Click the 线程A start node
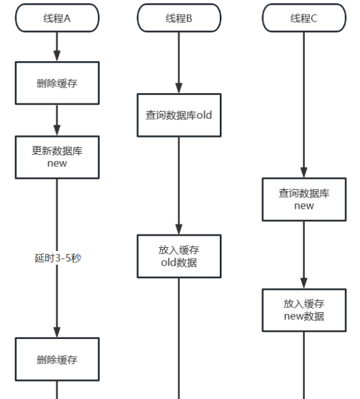tap(57, 18)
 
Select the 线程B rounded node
tap(179, 18)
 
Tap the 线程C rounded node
tap(304, 18)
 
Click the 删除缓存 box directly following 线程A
tap(57, 83)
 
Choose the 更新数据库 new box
tap(57, 157)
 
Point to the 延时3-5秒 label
tap(57, 258)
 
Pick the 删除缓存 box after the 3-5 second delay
tap(57, 359)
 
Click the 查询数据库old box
tap(179, 115)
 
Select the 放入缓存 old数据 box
tap(179, 256)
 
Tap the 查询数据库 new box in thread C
tap(304, 199)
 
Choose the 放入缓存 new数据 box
tap(304, 310)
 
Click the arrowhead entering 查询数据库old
tap(179, 88)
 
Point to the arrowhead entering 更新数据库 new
tap(57, 130)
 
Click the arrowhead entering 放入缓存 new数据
tap(304, 283)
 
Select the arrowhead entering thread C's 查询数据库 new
tap(304, 173)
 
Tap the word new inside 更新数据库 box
tap(57, 163)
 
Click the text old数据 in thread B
tap(179, 263)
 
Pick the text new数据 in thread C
tap(304, 316)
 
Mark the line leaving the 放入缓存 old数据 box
tap(179, 337)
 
